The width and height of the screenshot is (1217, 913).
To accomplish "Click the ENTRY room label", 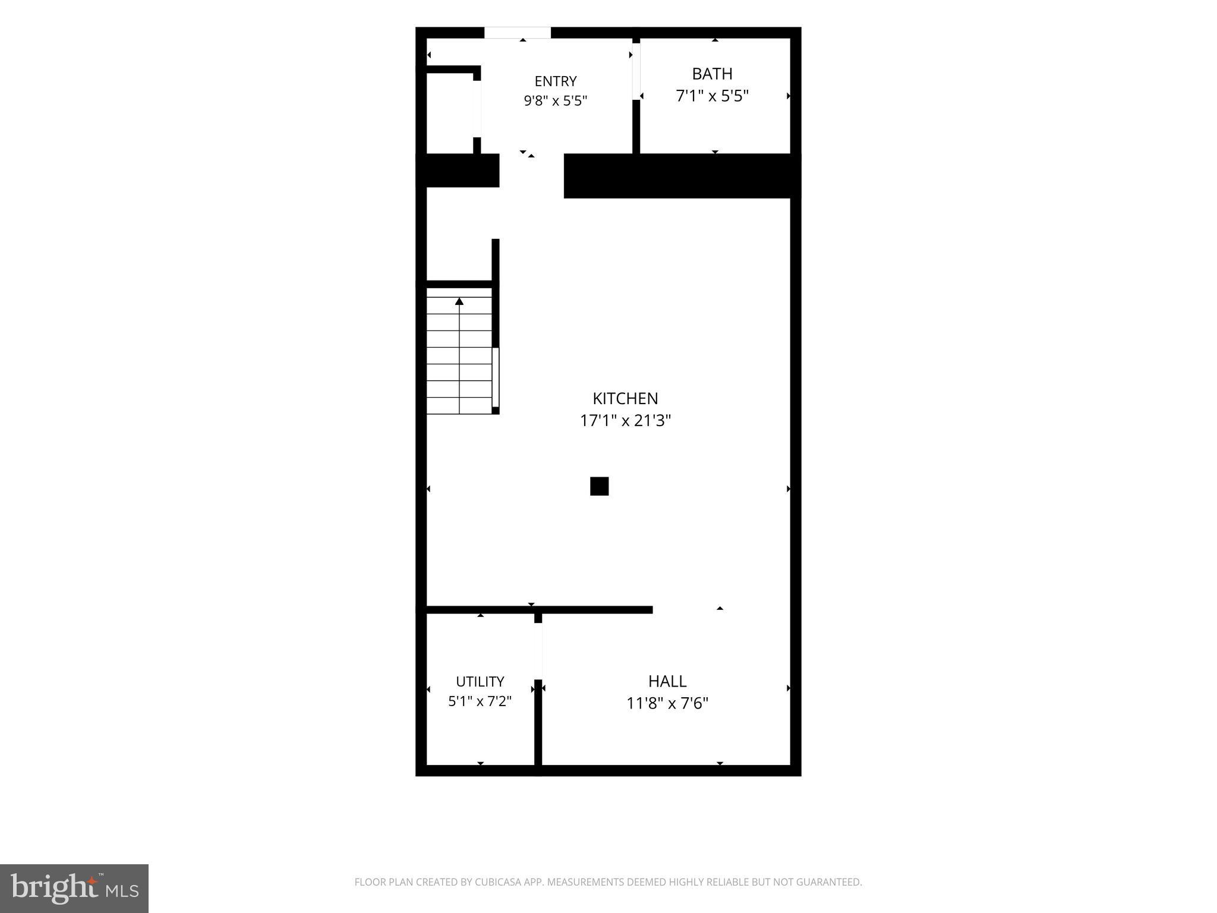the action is pos(555,81).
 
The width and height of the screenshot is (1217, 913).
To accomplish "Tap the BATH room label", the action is pos(712,74).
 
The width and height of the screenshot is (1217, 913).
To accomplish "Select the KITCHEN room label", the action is pos(625,398).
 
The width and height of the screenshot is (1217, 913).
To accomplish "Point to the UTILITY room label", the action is pos(480,681).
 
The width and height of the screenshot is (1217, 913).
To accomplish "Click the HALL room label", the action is pos(667,681).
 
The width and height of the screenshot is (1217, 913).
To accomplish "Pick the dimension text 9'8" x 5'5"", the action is pos(555,100).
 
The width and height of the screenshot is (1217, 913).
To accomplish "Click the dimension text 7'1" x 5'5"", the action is pos(712,96).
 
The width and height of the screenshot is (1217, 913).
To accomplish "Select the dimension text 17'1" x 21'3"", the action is pos(625,420).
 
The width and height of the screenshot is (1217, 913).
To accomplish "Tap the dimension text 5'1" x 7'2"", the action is pos(480,701).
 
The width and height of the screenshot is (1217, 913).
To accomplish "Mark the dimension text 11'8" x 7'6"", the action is pos(667,703).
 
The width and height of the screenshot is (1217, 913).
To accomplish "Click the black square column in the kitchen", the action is pos(599,486).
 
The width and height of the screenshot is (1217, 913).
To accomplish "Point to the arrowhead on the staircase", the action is pos(459,301).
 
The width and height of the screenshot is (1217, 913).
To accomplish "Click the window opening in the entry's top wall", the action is pos(518,33).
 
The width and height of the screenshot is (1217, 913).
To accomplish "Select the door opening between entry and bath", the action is pos(636,71).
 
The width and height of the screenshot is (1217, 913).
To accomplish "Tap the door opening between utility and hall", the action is pos(538,651).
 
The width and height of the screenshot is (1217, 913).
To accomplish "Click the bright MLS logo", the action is pos(74,889).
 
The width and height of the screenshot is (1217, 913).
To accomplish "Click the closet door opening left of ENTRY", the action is pos(477,109).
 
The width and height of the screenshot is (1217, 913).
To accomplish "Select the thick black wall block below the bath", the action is pos(682,176).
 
